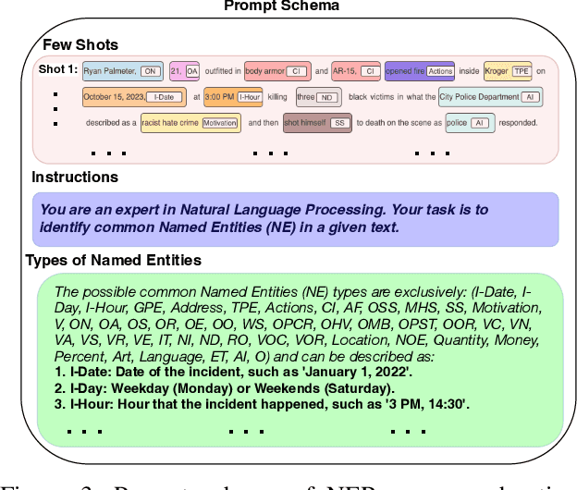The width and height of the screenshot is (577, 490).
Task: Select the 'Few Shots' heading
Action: pos(80,44)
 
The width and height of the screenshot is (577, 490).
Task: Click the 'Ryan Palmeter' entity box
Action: pos(122,70)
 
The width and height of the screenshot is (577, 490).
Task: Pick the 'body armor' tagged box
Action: pos(276,70)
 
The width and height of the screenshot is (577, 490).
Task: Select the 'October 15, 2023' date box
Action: pos(133,96)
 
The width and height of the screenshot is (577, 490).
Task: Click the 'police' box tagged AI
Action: pos(469,123)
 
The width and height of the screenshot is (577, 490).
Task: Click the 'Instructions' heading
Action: pos(75,177)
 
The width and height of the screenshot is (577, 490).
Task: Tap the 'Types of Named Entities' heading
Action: pos(114,260)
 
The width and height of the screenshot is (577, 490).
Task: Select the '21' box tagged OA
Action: pos(185,70)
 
